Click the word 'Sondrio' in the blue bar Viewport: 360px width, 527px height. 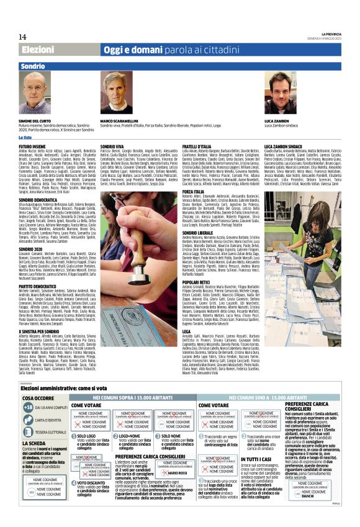point(32,65)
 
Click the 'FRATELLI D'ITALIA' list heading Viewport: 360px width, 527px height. point(196,146)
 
